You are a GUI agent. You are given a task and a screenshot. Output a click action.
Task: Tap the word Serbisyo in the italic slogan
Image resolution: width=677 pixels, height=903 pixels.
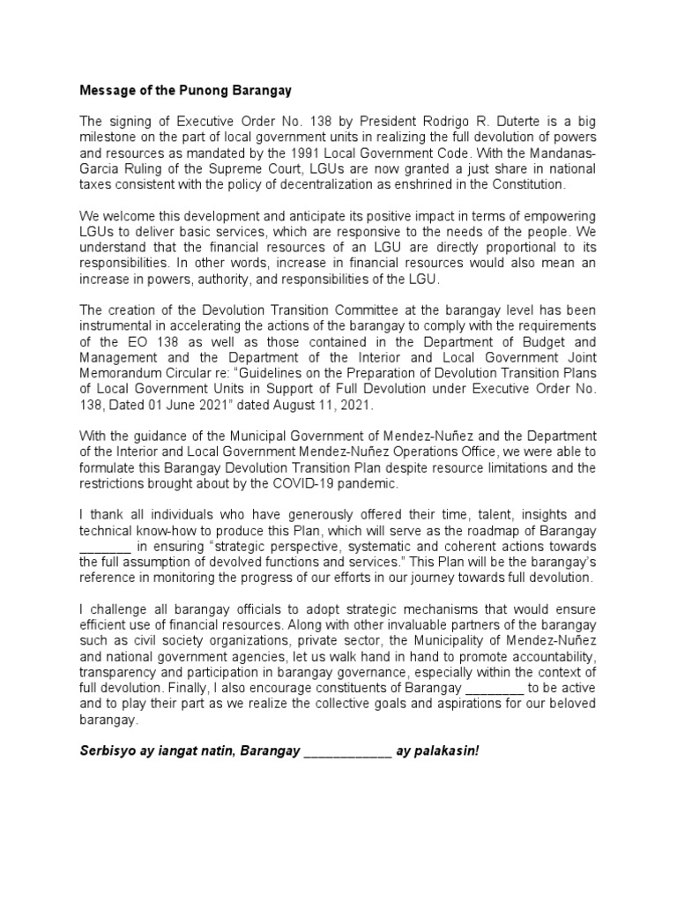(110, 750)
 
